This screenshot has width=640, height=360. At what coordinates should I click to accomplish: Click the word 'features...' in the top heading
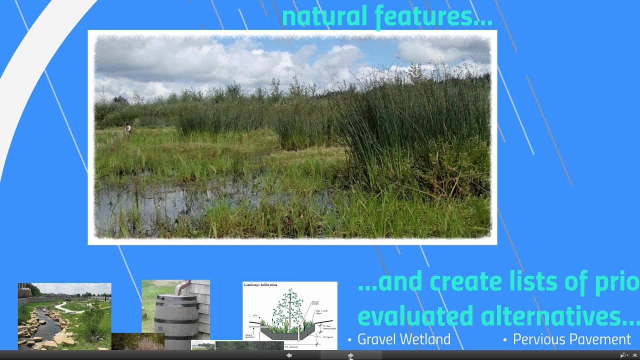pos(433,16)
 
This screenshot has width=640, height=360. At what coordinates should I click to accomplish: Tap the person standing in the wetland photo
pos(127,128)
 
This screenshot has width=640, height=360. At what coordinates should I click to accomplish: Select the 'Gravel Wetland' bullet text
pos(404,339)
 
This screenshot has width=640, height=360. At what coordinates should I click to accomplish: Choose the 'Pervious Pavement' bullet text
pos(571,339)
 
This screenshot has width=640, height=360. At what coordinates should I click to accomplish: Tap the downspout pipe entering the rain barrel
pos(182,287)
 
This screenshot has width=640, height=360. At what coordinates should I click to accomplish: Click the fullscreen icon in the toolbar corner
pos(635,355)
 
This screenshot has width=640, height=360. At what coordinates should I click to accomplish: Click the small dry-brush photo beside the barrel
pos(137,341)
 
